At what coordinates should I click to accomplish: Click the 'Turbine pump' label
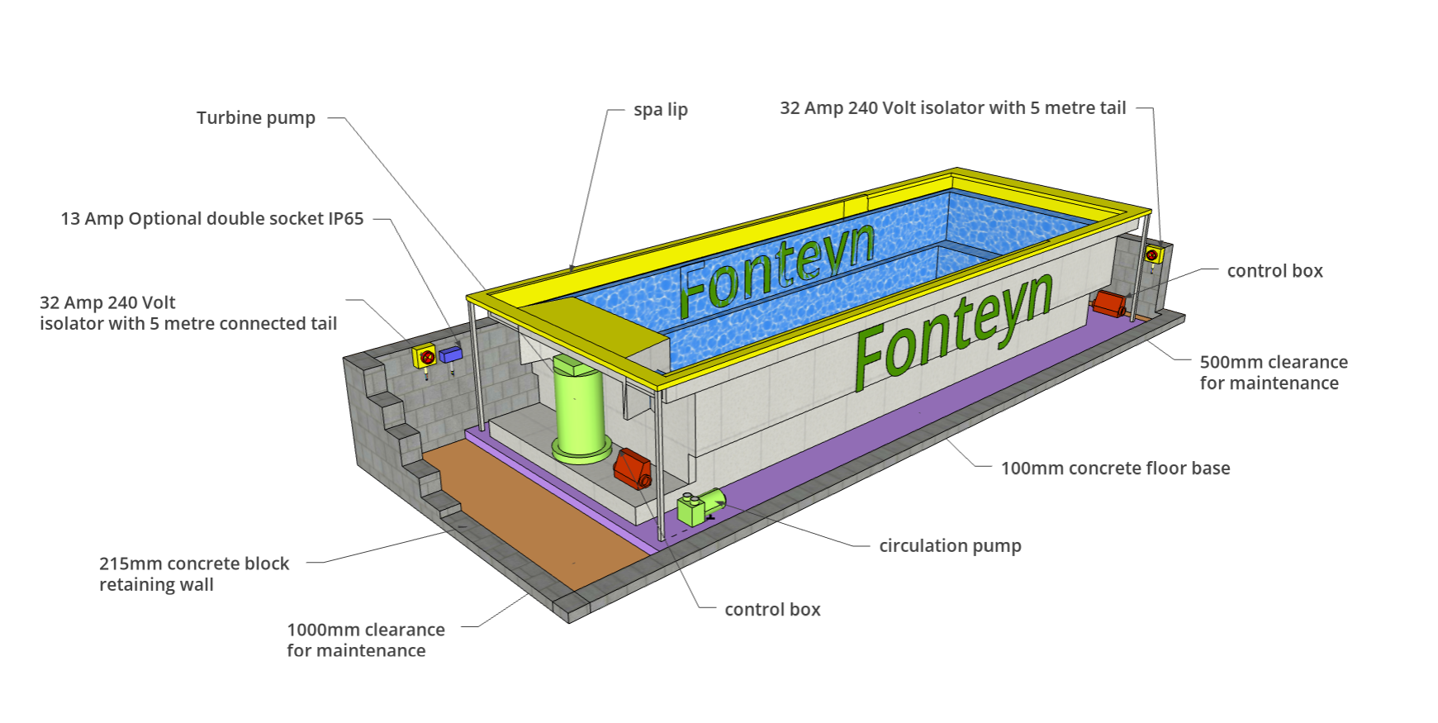(x=256, y=118)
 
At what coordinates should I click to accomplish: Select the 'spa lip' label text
(x=661, y=110)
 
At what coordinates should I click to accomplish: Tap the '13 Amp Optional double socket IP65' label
(x=212, y=219)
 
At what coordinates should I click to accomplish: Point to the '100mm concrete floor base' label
(x=1116, y=469)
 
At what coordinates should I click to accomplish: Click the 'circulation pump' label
(x=951, y=546)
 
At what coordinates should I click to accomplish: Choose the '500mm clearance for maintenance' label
(x=1274, y=373)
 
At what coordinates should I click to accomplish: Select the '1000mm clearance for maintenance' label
(x=366, y=640)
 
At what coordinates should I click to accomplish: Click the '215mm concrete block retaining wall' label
(x=194, y=574)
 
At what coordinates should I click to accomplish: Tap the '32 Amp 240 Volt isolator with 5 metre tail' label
(x=953, y=108)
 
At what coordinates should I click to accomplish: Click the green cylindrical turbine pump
(x=580, y=409)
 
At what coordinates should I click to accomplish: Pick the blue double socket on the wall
(x=450, y=354)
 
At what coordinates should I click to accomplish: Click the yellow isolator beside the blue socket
(x=425, y=357)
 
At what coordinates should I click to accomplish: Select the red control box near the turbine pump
(x=633, y=469)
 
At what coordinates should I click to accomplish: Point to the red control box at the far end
(x=1108, y=304)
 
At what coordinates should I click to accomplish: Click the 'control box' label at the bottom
(x=772, y=610)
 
